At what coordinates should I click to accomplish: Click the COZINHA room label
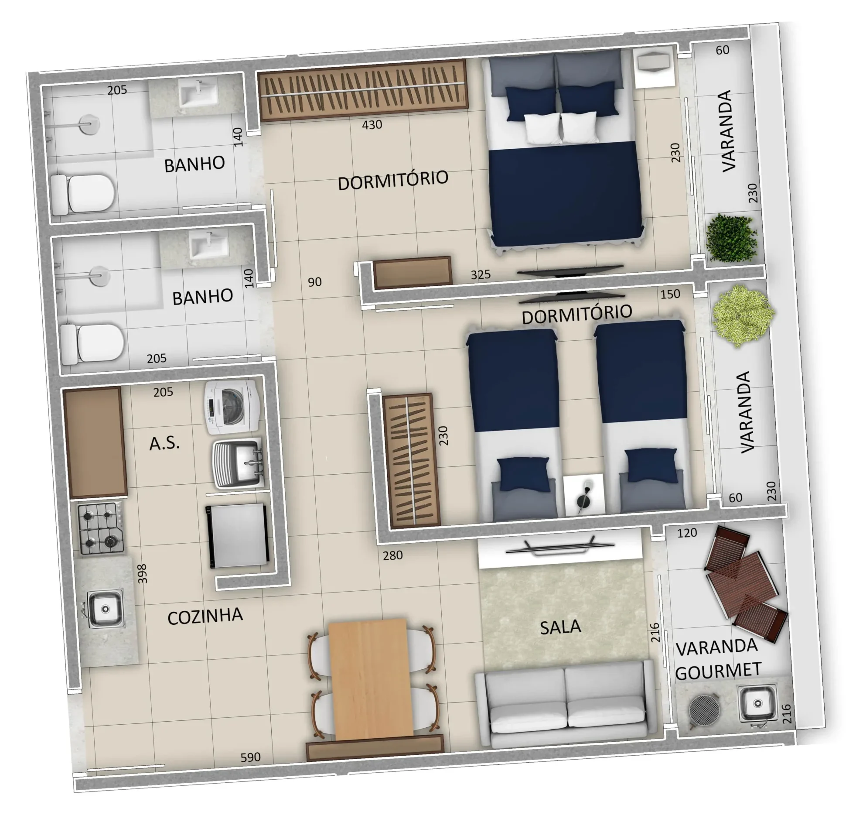[205, 617]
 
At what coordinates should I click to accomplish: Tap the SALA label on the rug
[560, 627]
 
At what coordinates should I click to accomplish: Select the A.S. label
[164, 444]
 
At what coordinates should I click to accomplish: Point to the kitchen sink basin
[105, 609]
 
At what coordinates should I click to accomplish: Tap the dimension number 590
[251, 757]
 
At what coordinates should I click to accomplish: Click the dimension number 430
[372, 125]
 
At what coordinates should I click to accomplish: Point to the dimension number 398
[142, 574]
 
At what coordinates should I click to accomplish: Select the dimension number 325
[481, 274]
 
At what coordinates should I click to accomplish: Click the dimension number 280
[392, 555]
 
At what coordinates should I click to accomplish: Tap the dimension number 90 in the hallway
[314, 282]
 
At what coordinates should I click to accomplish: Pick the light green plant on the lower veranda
[743, 315]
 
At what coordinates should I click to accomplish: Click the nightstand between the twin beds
[584, 496]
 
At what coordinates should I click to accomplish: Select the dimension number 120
[687, 533]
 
